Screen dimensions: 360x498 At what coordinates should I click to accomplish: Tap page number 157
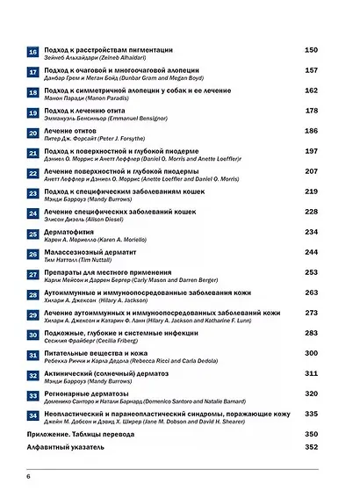point(310,69)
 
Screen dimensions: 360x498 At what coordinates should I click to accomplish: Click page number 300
point(310,352)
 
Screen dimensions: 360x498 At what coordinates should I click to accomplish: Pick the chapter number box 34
point(32,416)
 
